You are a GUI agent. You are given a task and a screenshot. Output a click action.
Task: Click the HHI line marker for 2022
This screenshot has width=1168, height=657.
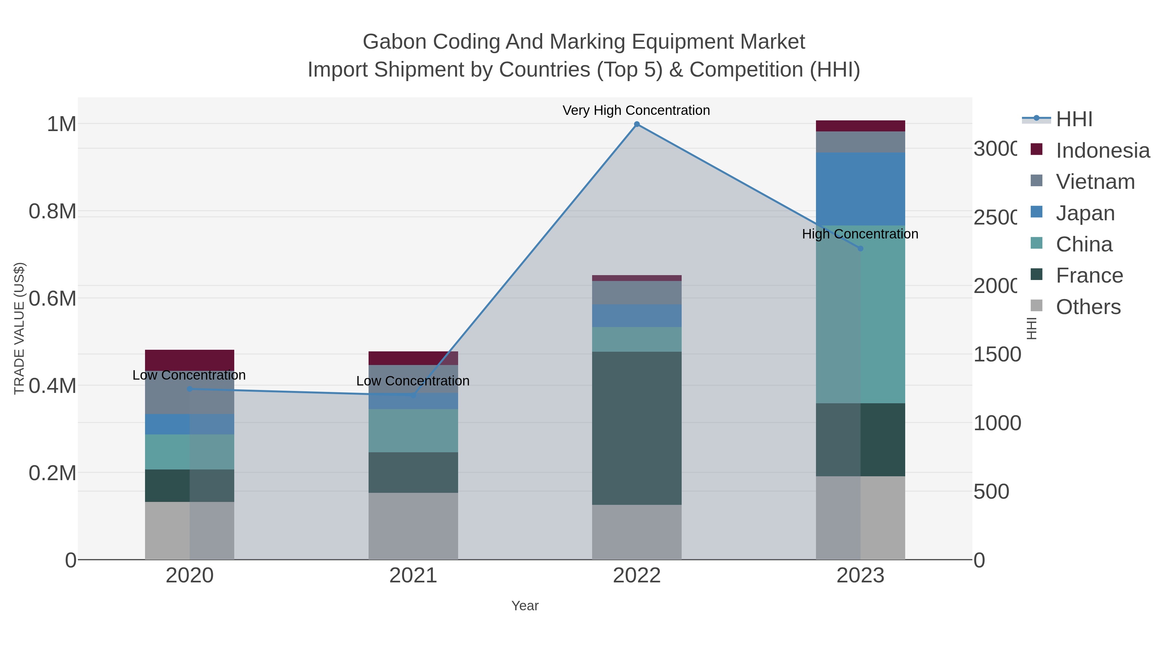pos(637,124)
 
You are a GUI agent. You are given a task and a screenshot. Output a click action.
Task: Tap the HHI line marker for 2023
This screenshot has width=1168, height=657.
pos(860,249)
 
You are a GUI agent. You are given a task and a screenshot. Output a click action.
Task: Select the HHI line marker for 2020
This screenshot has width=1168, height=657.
pos(189,389)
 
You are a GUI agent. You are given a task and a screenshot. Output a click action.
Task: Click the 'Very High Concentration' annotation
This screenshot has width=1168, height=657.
pos(636,110)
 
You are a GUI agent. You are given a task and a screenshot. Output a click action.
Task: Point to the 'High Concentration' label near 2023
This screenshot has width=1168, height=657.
pos(860,234)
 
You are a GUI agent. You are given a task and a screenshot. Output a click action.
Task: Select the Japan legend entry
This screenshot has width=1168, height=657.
pos(1085,213)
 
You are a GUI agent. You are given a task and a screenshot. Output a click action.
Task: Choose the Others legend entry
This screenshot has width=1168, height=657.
pos(1088,307)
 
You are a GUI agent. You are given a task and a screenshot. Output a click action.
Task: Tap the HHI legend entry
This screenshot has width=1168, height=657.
pos(1073,119)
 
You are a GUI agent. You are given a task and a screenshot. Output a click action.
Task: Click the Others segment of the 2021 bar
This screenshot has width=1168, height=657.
pos(413,526)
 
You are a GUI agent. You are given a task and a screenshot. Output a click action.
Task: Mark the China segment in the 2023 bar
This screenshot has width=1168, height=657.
pos(860,314)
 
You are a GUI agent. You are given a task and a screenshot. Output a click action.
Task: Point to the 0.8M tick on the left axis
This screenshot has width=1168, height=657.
pos(53,211)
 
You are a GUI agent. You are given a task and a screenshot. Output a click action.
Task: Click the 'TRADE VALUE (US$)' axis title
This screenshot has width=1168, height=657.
pos(19,328)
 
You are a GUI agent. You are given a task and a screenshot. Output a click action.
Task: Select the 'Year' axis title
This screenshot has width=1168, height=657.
pos(525,605)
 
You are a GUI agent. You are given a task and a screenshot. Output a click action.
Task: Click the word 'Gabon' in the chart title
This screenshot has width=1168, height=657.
pos(395,42)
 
